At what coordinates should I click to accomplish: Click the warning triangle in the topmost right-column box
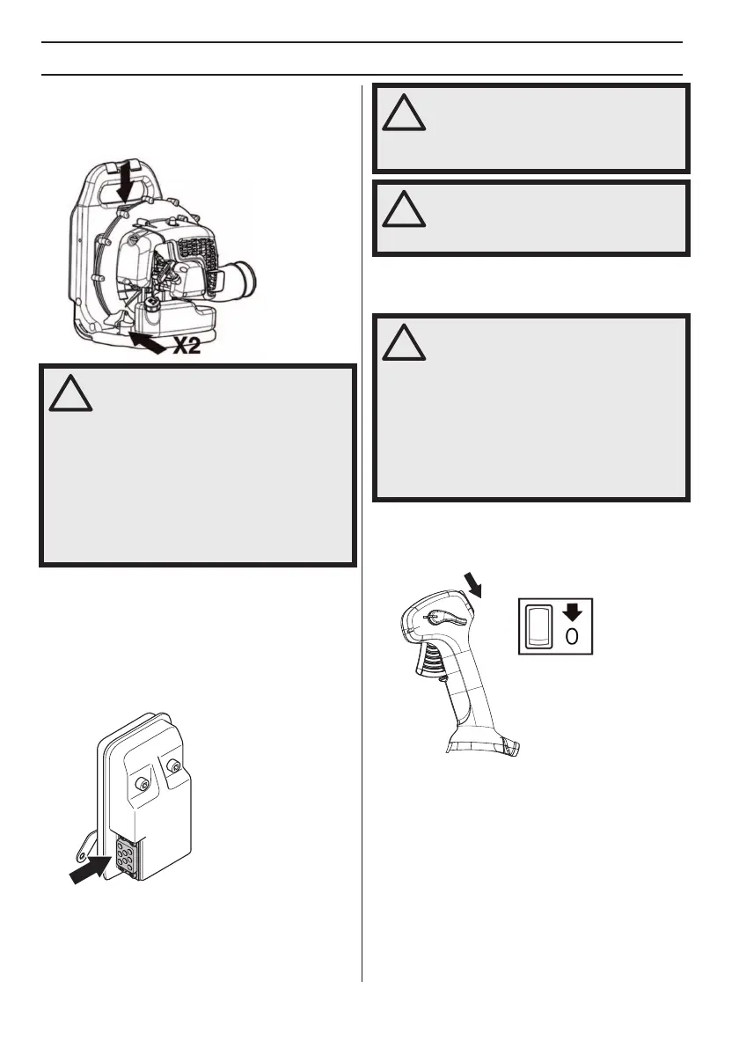[x=404, y=112]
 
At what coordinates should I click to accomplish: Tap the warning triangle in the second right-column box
[x=404, y=209]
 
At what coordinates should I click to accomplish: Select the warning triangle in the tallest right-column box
[x=404, y=339]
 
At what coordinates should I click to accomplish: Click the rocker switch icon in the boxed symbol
[x=538, y=625]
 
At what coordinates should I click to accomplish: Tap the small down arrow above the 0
[x=573, y=612]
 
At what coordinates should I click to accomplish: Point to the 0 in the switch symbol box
[x=573, y=636]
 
